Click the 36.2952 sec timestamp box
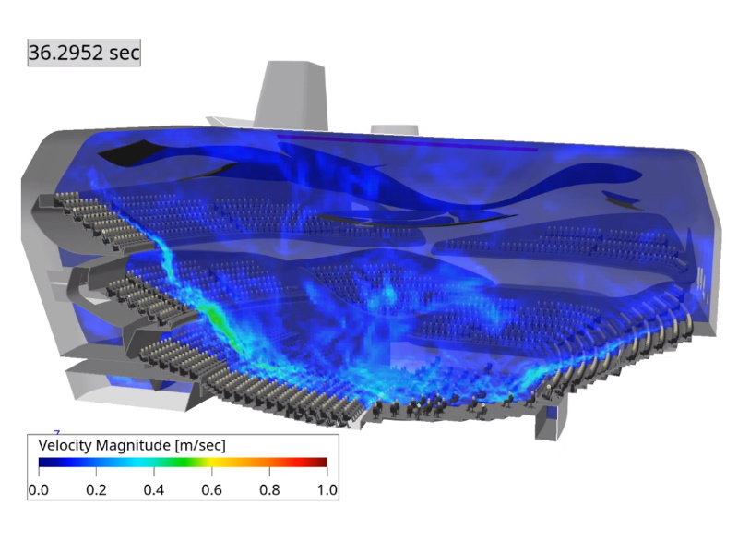pos(84,53)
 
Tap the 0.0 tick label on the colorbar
pos(38,490)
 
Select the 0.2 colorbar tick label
pos(96,490)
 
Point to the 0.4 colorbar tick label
pos(154,490)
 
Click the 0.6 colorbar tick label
pos(212,490)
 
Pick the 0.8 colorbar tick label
pos(269,490)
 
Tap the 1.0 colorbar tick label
pos(327,490)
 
